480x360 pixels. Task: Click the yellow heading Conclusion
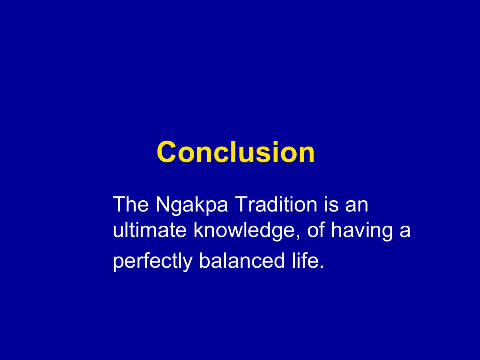click(x=236, y=152)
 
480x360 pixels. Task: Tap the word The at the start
click(x=131, y=204)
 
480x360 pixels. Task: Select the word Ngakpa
click(x=192, y=205)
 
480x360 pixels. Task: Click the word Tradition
click(x=277, y=204)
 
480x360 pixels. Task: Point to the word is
click(x=331, y=204)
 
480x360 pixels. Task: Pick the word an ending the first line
click(x=357, y=206)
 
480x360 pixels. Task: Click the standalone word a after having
click(x=405, y=232)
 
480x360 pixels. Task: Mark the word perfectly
click(x=153, y=262)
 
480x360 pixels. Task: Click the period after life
click(x=321, y=266)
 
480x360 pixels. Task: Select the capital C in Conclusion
click(x=166, y=152)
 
